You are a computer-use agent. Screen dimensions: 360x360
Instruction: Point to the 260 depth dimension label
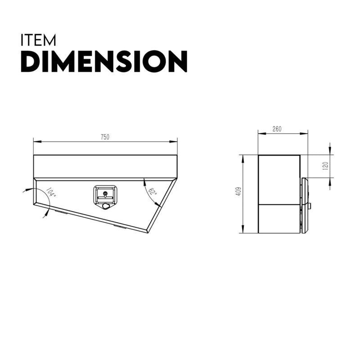277,129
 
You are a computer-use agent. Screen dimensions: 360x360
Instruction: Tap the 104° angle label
51,193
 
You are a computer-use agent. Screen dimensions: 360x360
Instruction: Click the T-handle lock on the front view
105,197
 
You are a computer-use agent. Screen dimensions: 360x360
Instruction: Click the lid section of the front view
105,166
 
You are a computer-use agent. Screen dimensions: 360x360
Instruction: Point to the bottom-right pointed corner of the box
147,232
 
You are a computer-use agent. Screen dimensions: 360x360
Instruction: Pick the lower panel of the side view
279,219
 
